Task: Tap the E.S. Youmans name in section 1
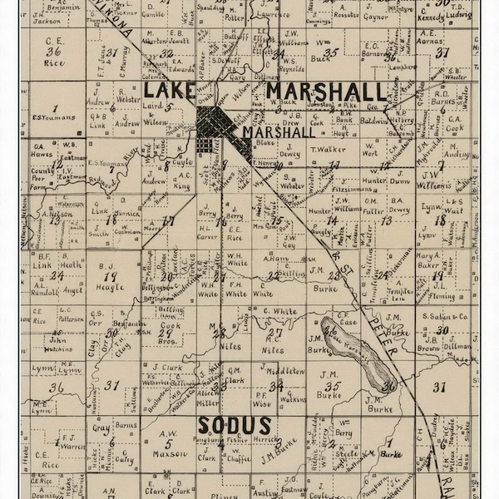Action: (x=55, y=118)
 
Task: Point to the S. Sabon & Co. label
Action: (x=447, y=316)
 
